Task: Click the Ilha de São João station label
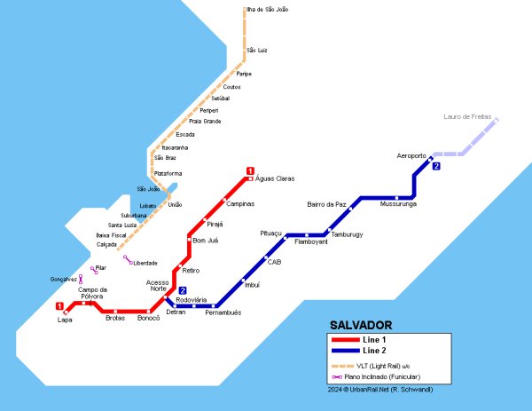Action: (x=267, y=10)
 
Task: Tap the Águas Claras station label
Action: (x=275, y=178)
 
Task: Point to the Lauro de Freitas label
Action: (x=467, y=117)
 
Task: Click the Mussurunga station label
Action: (x=397, y=204)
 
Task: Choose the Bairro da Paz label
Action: (x=325, y=204)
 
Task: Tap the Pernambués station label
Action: (x=223, y=312)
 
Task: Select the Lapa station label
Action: (x=65, y=320)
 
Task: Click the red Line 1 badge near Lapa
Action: (x=60, y=306)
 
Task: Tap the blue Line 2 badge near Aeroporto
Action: (x=436, y=166)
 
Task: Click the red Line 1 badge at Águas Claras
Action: (x=250, y=171)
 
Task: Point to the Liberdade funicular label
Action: (x=145, y=263)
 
